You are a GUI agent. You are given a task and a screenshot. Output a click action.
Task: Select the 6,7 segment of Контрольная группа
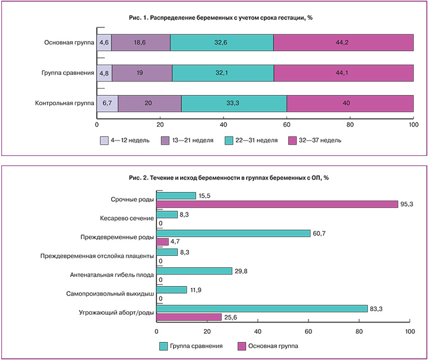[107, 102]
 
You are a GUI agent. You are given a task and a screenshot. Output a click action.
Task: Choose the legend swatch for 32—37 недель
[292, 141]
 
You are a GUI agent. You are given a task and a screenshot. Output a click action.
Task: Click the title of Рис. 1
[221, 18]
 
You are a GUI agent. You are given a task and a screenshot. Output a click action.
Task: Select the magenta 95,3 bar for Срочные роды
[277, 204]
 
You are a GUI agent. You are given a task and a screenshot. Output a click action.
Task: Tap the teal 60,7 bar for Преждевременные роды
[233, 233]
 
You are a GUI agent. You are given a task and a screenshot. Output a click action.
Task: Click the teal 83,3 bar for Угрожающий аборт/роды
[262, 308]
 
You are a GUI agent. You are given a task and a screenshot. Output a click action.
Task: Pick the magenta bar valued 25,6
[188, 317]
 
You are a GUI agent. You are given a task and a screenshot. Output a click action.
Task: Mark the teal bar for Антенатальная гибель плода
[194, 271]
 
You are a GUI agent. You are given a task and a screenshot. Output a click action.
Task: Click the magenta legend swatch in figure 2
[242, 346]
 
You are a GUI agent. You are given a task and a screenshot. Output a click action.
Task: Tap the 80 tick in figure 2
[358, 332]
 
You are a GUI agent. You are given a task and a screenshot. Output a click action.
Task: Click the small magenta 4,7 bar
[162, 242]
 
